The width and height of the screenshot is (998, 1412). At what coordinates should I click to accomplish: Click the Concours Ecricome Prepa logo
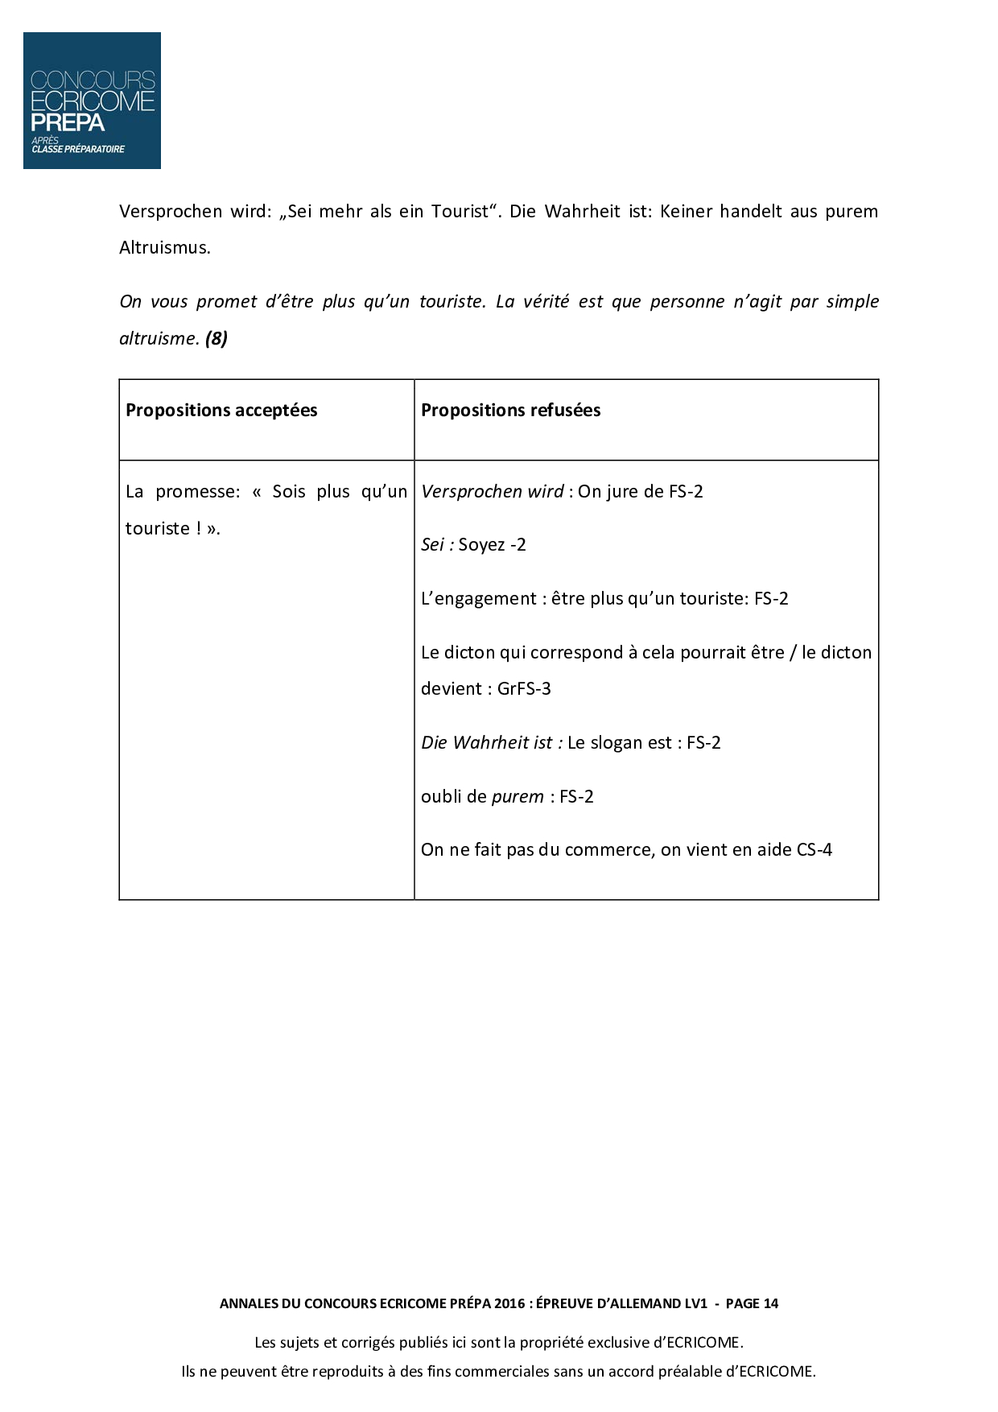click(x=92, y=101)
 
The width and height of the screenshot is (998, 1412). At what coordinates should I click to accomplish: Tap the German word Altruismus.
click(x=165, y=248)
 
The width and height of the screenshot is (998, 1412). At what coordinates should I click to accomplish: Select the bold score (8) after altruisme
click(x=217, y=338)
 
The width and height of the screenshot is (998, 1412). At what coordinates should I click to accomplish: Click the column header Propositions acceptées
click(x=221, y=411)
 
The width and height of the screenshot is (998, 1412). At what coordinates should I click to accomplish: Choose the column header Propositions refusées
click(x=510, y=411)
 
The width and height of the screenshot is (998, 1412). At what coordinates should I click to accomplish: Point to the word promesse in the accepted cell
click(x=198, y=492)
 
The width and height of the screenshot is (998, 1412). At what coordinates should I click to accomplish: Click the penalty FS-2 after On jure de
click(x=686, y=492)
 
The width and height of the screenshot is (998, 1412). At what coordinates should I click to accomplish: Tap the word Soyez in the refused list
click(x=481, y=545)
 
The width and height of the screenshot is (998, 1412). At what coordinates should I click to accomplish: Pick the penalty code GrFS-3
click(x=524, y=689)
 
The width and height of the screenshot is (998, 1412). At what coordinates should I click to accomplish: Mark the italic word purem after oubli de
click(x=518, y=797)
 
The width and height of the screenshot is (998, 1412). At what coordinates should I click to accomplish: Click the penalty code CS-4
click(x=814, y=850)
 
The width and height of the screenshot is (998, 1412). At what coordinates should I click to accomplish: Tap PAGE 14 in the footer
click(x=752, y=1304)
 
